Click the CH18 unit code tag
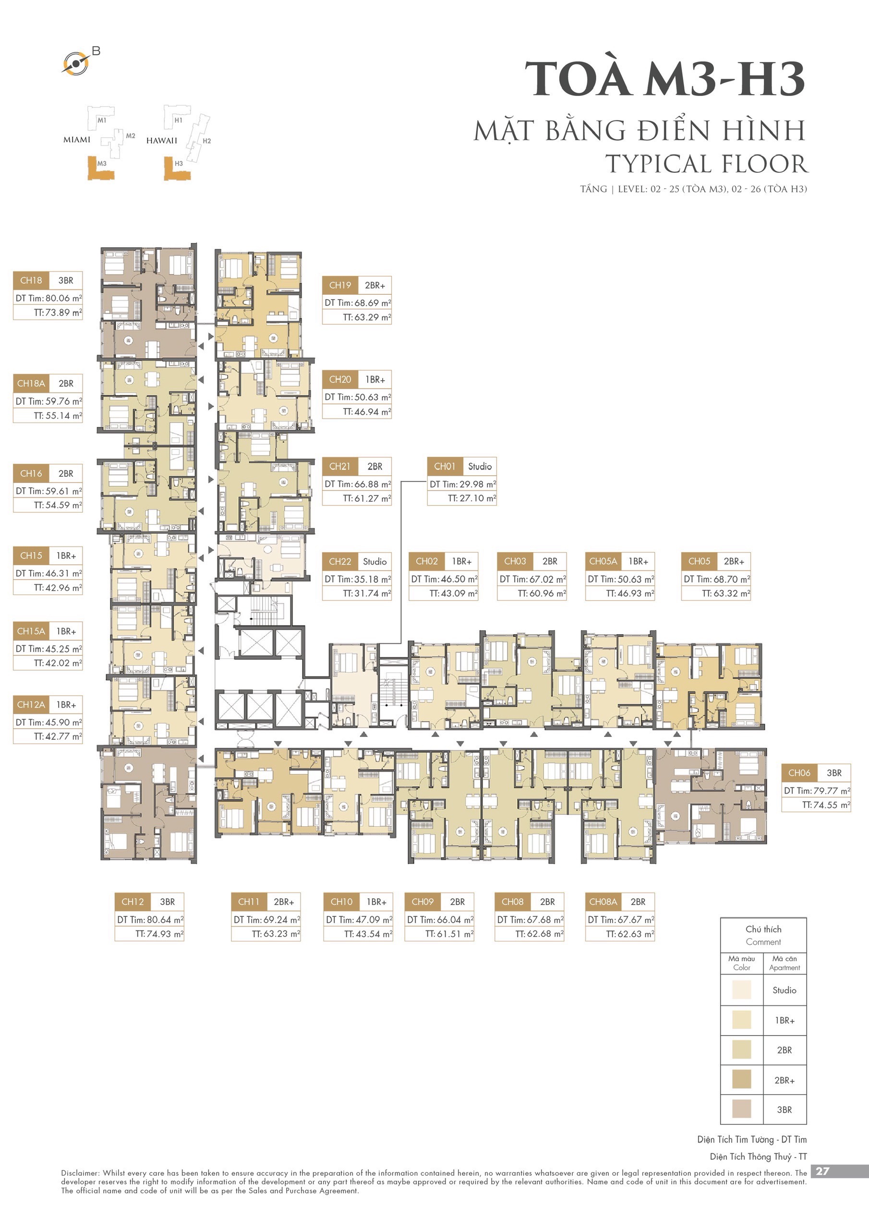click(31, 280)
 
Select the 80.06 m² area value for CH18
click(64, 298)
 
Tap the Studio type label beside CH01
click(480, 466)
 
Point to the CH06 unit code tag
click(799, 773)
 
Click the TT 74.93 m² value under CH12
click(159, 934)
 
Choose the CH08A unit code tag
click(603, 902)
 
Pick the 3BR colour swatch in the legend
click(742, 1109)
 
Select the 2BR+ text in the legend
click(785, 1080)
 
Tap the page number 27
click(822, 1171)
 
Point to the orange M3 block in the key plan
click(101, 168)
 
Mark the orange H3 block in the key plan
click(177, 168)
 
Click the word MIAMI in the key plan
click(77, 140)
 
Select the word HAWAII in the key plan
click(162, 141)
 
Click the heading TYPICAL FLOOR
click(706, 164)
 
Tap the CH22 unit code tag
click(340, 562)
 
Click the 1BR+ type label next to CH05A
click(638, 562)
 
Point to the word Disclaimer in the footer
click(80, 1173)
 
